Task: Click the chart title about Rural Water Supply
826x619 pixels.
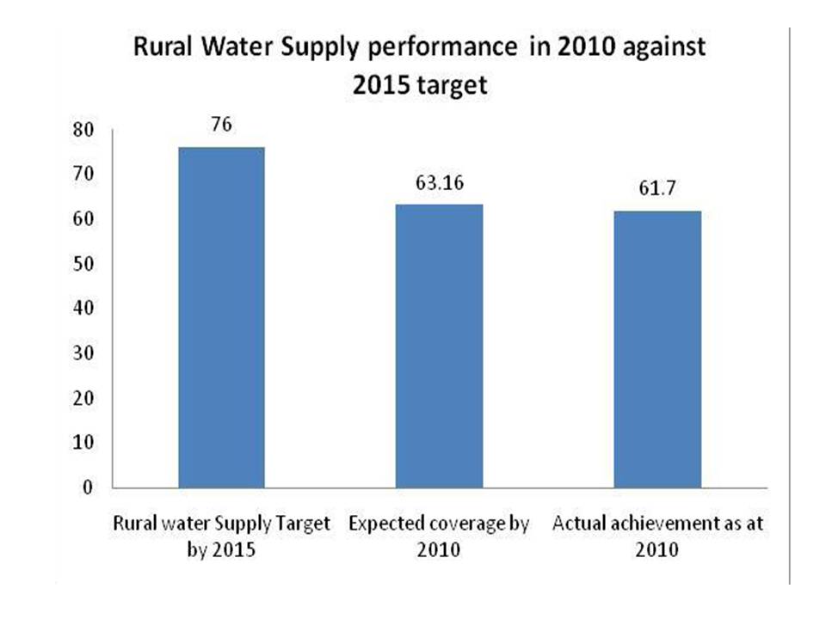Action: click(419, 65)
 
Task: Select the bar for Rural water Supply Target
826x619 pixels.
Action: click(221, 317)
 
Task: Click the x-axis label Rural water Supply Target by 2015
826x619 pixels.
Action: click(221, 537)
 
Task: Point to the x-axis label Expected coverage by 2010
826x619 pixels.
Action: click(439, 537)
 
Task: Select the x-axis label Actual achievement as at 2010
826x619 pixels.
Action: click(658, 537)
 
